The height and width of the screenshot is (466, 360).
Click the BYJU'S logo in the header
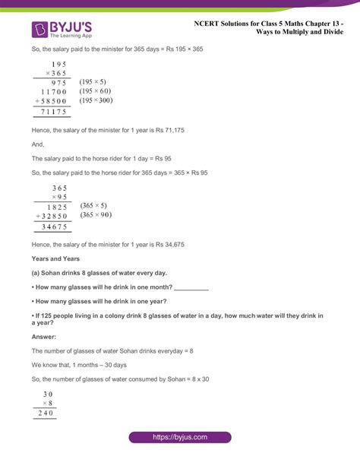click(x=61, y=28)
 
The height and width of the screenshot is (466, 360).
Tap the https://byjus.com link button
click(x=180, y=437)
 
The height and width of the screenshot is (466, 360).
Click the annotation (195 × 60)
click(x=96, y=90)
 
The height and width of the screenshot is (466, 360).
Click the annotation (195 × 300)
click(x=98, y=100)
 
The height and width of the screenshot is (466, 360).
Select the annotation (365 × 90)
click(x=96, y=215)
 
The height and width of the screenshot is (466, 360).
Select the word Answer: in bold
click(x=44, y=336)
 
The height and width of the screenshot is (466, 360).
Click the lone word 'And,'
click(x=38, y=144)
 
